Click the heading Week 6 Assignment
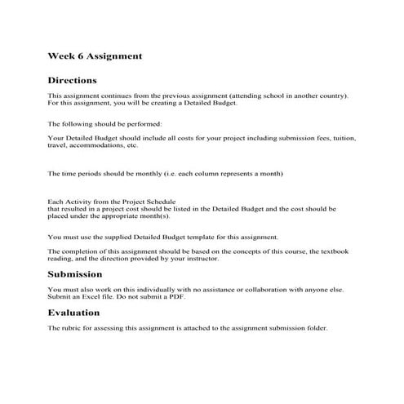coord(95,56)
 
